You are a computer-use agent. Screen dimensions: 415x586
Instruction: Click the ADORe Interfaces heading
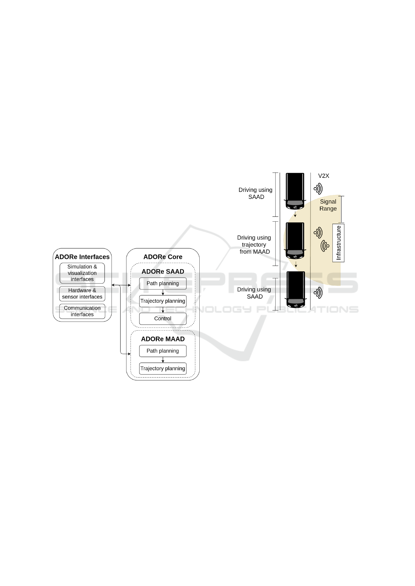[x=82, y=257]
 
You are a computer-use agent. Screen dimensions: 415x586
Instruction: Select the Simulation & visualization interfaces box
[x=82, y=273]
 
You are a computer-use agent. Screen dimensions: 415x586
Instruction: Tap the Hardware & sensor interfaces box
[x=82, y=294]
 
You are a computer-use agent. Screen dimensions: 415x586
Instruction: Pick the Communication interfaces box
[x=82, y=311]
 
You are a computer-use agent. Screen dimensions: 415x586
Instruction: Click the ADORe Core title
[x=163, y=257]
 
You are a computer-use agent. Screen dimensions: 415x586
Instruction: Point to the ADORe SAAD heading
[x=163, y=271]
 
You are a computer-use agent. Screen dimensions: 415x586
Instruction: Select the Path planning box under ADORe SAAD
[x=163, y=283]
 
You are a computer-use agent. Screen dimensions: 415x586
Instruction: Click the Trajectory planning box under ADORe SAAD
[x=163, y=301]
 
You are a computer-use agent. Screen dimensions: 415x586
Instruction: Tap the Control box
[x=163, y=318]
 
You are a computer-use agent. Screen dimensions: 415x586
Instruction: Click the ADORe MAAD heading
[x=163, y=339]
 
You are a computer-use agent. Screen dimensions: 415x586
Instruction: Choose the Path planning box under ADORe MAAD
[x=163, y=351]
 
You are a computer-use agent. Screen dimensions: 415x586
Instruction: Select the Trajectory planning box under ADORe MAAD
[x=163, y=369]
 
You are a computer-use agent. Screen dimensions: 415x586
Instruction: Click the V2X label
[x=324, y=176]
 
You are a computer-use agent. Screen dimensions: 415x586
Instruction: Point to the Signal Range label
[x=328, y=205]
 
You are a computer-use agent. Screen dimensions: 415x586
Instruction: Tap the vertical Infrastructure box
[x=338, y=243]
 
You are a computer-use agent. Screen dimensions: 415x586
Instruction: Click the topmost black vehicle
[x=295, y=191]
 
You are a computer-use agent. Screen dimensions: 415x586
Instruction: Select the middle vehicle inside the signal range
[x=295, y=241]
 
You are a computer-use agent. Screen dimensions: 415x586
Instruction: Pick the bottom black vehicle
[x=296, y=290]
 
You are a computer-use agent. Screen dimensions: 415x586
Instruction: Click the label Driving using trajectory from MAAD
[x=254, y=245]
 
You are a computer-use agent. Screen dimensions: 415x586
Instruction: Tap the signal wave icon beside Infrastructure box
[x=325, y=246]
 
